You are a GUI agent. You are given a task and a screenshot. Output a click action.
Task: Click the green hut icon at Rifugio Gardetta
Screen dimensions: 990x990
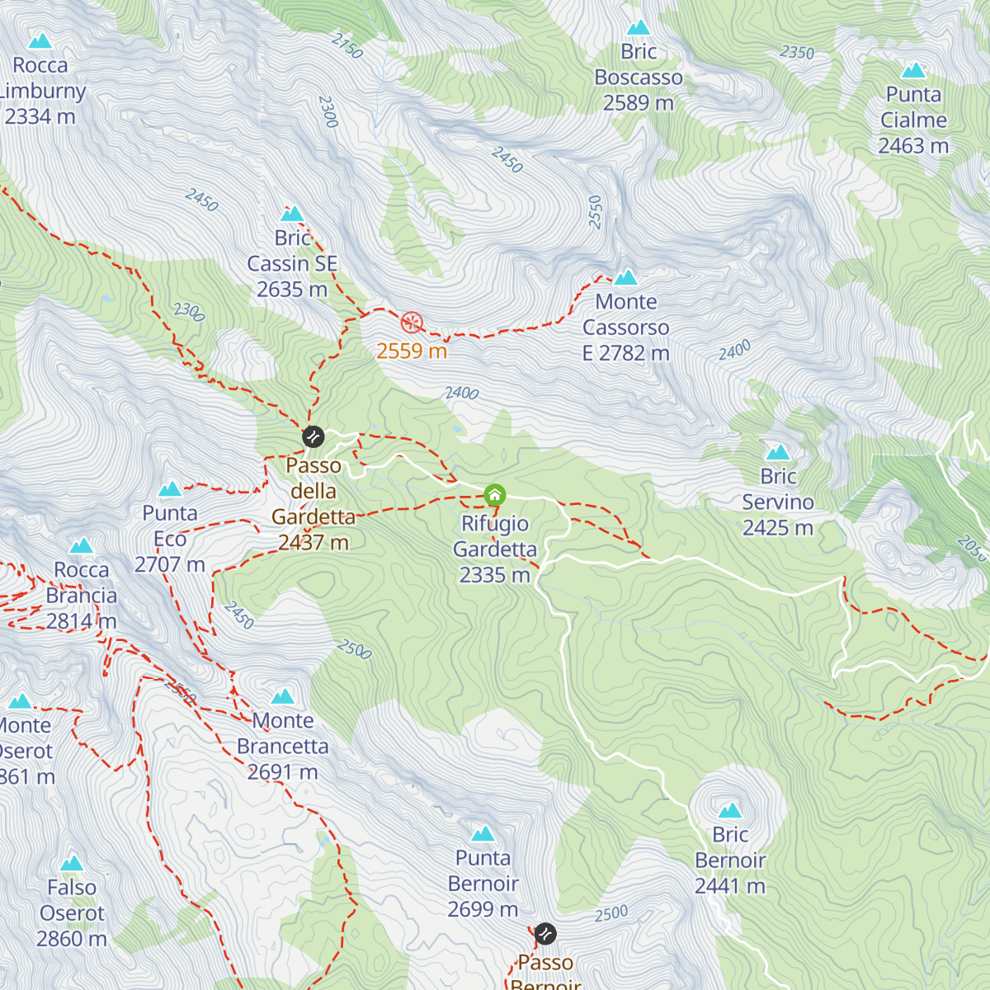494,495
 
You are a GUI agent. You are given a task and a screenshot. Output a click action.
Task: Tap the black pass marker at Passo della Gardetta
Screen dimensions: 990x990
313,436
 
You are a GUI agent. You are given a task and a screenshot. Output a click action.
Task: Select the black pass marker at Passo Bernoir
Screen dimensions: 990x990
544,934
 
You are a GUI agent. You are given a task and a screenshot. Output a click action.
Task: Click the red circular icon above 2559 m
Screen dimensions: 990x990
412,323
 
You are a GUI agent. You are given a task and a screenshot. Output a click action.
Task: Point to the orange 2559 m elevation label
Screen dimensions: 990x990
412,351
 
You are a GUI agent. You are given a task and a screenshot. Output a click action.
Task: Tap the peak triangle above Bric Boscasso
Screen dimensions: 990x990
639,28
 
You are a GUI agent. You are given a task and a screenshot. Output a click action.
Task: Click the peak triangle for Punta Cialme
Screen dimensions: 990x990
913,71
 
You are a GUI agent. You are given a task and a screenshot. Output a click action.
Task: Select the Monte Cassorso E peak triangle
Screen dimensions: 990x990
625,277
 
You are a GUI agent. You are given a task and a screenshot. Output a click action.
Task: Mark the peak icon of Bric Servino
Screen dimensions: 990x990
778,452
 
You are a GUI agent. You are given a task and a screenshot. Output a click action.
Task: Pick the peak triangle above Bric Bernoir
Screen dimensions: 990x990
730,811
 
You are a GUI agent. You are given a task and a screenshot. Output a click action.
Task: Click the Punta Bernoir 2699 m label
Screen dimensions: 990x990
483,884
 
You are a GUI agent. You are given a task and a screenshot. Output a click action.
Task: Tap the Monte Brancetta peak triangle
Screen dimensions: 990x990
283,697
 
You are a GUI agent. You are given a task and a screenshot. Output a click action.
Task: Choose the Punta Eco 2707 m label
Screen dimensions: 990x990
170,539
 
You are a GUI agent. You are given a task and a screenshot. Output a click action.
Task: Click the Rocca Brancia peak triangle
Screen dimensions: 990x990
81,546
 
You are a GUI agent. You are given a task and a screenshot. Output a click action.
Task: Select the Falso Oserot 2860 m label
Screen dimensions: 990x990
72,913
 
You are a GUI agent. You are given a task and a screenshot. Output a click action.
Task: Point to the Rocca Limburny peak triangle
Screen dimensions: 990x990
40,41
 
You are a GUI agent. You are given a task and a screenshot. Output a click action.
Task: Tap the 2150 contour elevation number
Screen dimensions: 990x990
347,46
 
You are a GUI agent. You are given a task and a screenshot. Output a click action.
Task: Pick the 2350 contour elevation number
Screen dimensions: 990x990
797,53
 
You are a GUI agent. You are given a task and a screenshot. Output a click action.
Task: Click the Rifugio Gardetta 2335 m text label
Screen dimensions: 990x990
495,549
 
